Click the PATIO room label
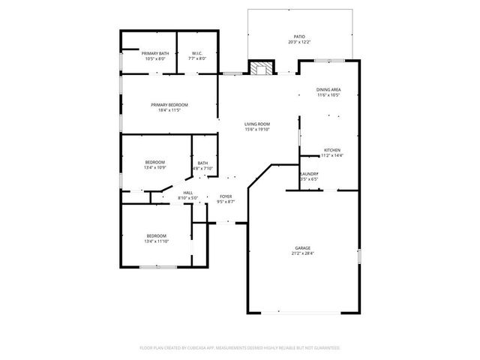[x=298, y=36]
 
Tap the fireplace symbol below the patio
[x=260, y=69]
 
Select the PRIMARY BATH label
[x=155, y=53]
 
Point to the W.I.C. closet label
[x=196, y=53]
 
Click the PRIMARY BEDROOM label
[x=169, y=104]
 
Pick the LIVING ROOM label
[x=256, y=124]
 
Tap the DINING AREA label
[x=328, y=90]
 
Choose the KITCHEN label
[x=332, y=149]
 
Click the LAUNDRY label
[x=309, y=174]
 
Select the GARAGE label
[x=302, y=248]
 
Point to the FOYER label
[x=226, y=196]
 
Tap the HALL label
[x=187, y=193]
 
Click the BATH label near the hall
[x=202, y=163]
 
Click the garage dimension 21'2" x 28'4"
[x=302, y=253]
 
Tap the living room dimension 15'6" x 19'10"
[x=256, y=129]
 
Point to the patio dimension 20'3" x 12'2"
[x=298, y=41]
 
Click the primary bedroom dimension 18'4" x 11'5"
[x=169, y=109]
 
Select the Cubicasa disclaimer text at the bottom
[x=240, y=348]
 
